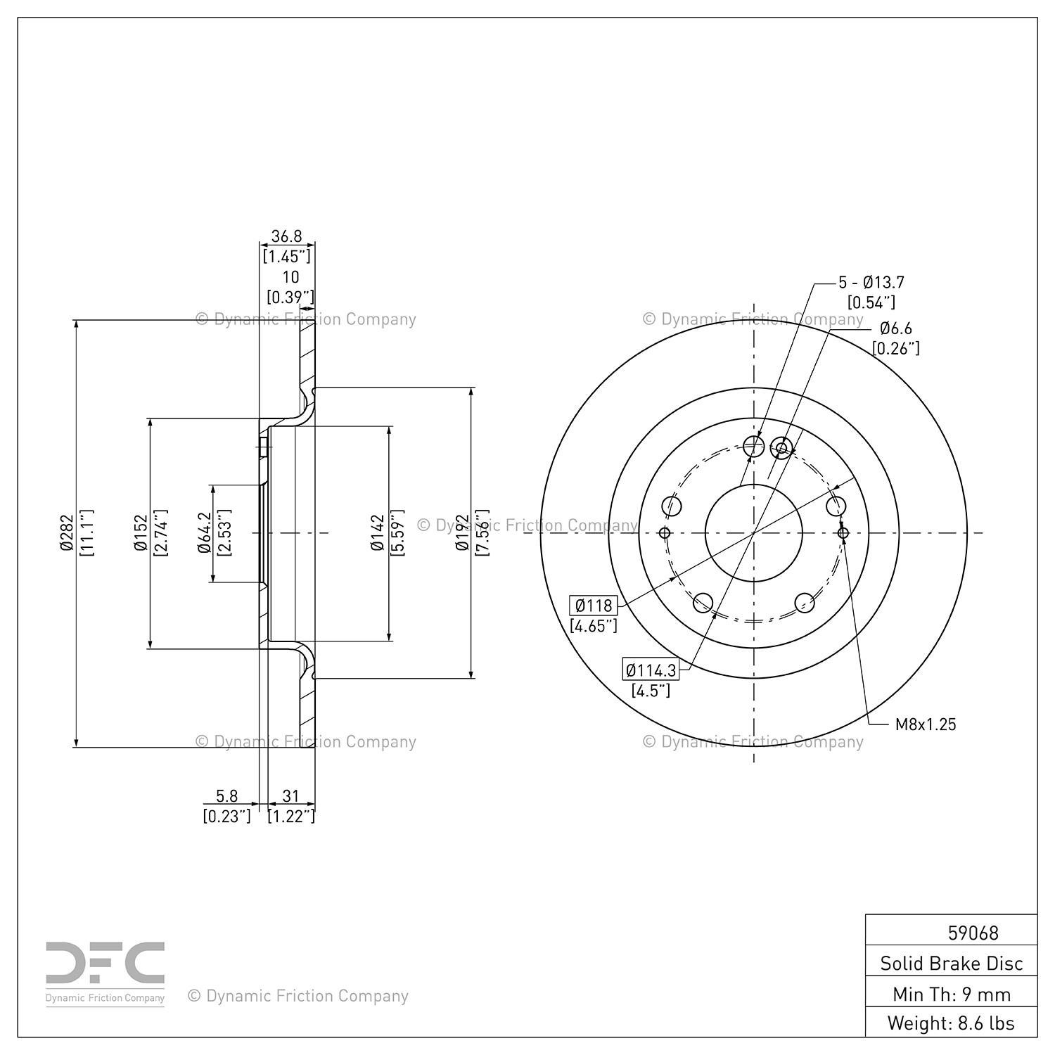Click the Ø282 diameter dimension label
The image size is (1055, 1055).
67,533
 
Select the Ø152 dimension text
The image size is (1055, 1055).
141,533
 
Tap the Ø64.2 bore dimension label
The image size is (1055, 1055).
205,533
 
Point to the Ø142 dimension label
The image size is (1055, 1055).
378,533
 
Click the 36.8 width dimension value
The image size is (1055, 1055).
286,236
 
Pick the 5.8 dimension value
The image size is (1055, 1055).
226,796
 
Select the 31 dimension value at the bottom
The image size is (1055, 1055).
290,796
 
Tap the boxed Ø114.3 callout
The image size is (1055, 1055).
651,670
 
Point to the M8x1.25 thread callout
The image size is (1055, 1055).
926,724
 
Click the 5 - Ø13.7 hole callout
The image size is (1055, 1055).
871,283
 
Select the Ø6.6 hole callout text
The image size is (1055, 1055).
896,328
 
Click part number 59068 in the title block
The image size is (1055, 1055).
973,933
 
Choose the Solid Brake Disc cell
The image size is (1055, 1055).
952,964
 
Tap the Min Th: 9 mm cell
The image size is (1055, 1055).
952,994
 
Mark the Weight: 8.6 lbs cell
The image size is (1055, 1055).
952,1023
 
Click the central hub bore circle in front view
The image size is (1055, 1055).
753,533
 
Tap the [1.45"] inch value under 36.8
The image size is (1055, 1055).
286,256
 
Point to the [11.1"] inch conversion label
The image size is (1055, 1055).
88,533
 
